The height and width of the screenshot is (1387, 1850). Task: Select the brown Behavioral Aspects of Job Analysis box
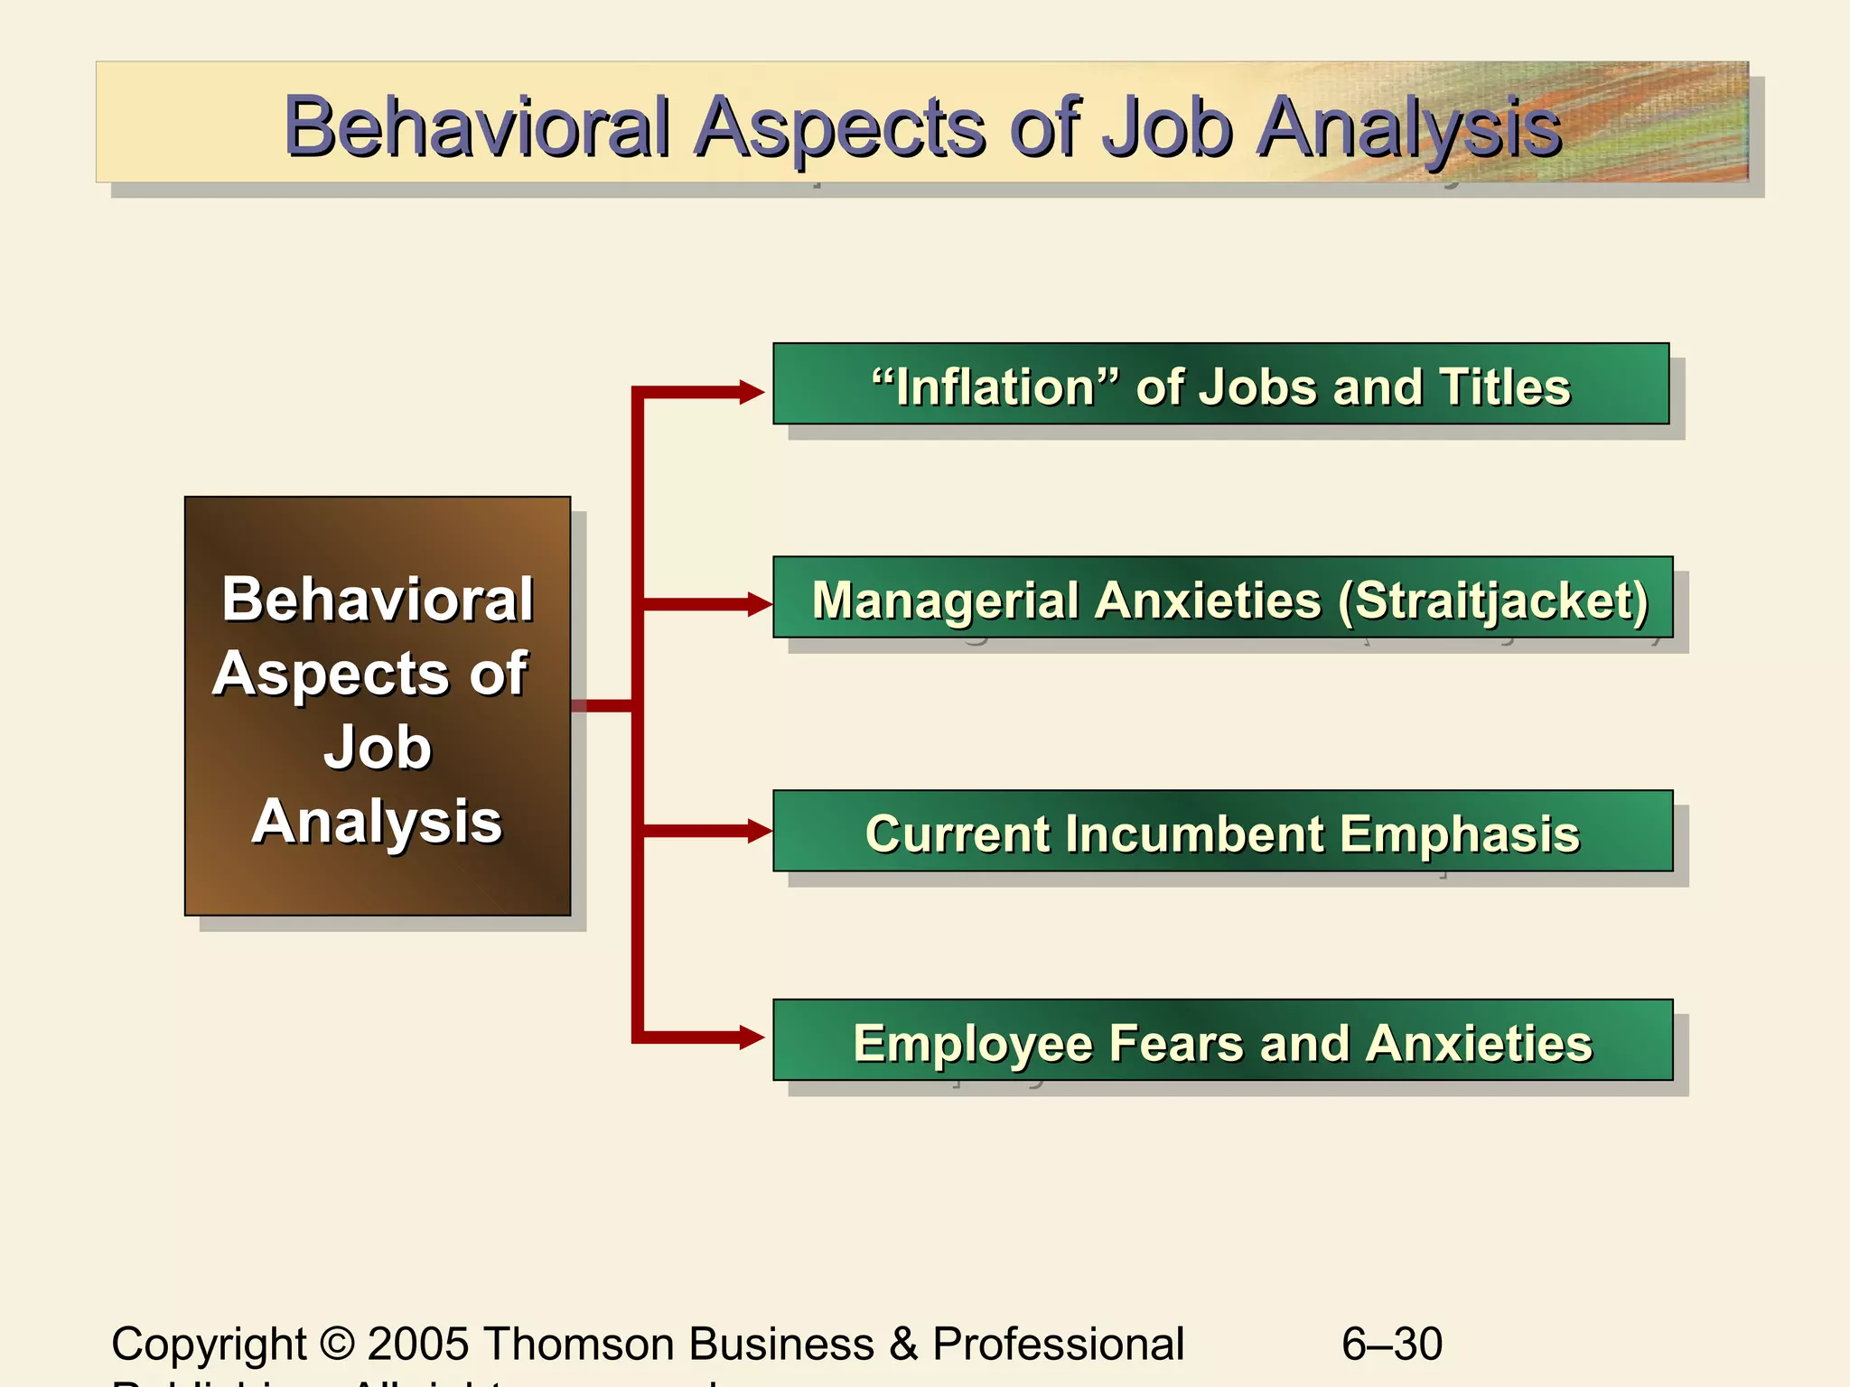pos(378,705)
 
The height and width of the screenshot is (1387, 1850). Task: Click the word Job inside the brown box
pos(378,748)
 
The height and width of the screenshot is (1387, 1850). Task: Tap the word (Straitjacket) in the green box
pos(1493,601)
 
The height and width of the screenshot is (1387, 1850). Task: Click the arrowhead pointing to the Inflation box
pos(752,392)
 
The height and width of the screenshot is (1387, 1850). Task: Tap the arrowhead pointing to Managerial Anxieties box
pos(759,604)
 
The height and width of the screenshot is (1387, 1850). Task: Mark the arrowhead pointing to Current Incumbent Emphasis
pos(759,831)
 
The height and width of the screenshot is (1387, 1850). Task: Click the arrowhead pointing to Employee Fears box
pos(752,1038)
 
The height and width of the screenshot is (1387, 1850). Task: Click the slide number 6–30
pos(1391,1344)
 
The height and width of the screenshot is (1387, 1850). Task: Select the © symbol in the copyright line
pos(337,1344)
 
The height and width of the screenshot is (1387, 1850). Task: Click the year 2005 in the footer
pos(418,1344)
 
